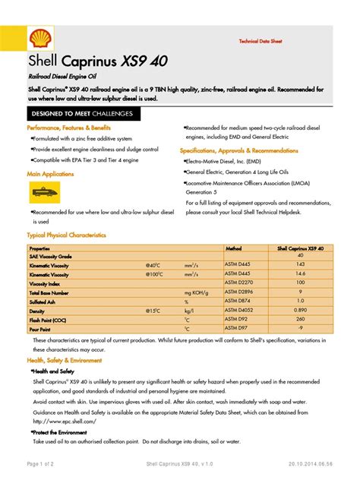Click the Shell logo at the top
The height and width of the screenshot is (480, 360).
(x=38, y=40)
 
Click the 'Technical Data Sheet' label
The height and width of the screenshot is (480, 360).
(x=261, y=40)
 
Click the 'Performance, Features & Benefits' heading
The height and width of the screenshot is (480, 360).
(x=69, y=128)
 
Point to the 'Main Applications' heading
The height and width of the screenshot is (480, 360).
(x=50, y=174)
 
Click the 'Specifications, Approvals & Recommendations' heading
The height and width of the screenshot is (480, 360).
(x=240, y=150)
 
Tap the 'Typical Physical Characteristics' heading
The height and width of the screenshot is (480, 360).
(x=67, y=235)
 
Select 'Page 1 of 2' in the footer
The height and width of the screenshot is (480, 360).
(x=45, y=463)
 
